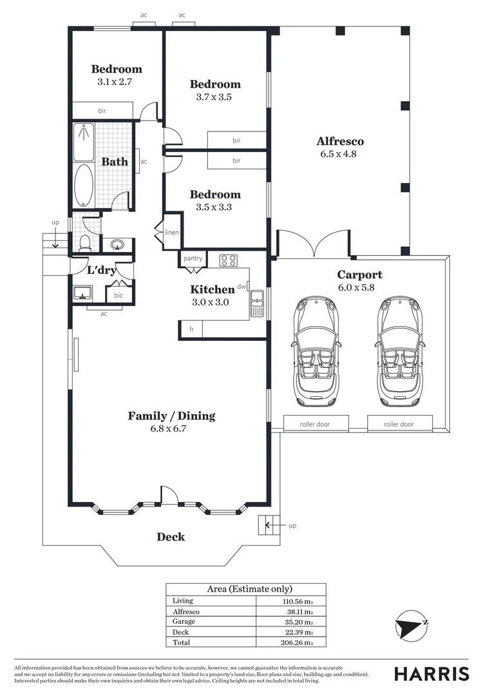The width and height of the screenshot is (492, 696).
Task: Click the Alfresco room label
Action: tap(340, 141)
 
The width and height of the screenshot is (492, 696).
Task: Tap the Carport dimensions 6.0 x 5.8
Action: tap(356, 287)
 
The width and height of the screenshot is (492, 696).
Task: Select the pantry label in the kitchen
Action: tap(193, 258)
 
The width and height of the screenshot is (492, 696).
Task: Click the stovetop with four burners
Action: tap(229, 260)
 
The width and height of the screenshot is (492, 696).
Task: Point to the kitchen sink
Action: tap(257, 303)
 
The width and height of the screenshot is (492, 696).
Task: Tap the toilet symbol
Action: tap(85, 243)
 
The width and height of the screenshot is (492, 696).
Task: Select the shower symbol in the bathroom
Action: tap(84, 142)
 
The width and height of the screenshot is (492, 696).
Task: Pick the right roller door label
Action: tap(399, 424)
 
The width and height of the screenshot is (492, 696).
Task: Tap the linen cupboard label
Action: tap(172, 232)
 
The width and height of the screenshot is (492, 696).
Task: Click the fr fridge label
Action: tap(192, 329)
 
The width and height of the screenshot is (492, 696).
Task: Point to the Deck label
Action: tap(171, 537)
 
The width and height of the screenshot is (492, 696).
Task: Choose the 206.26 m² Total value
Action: tap(297, 643)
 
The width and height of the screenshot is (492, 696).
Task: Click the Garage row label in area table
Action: tap(184, 621)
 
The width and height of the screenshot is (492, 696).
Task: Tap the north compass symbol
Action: tap(412, 624)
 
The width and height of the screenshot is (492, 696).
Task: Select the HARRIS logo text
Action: tap(431, 673)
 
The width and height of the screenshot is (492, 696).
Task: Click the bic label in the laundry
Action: tap(118, 295)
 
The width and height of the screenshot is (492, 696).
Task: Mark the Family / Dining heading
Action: tap(172, 416)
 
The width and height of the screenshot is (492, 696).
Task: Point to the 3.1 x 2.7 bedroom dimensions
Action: tap(115, 82)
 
